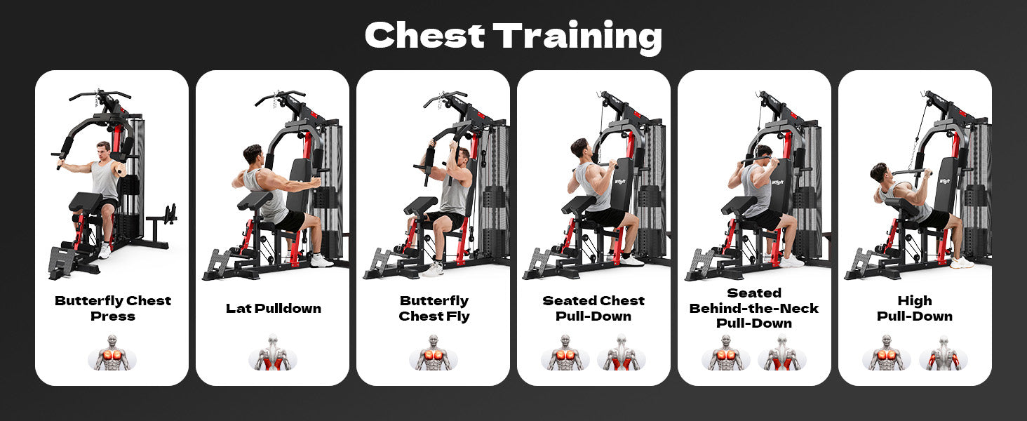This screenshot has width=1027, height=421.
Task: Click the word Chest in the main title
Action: pyautogui.click(x=424, y=35)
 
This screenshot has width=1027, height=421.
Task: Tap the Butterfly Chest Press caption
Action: pyautogui.click(x=113, y=308)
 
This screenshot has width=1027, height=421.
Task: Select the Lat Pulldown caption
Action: pyautogui.click(x=274, y=308)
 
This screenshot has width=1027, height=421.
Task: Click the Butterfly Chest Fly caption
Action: pyautogui.click(x=434, y=309)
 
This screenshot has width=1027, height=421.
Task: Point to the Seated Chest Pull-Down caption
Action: pyautogui.click(x=593, y=308)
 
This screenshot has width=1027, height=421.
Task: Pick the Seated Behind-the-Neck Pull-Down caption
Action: pyautogui.click(x=754, y=308)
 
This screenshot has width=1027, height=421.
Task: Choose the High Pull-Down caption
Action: pyautogui.click(x=915, y=308)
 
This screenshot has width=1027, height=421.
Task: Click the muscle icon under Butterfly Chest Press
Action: pyautogui.click(x=112, y=353)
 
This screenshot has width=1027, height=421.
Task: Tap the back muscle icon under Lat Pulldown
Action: pyautogui.click(x=273, y=353)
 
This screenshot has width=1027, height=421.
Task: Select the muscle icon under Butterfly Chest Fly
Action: pyautogui.click(x=434, y=353)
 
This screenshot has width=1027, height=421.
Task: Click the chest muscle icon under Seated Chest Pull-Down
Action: pyautogui.click(x=565, y=353)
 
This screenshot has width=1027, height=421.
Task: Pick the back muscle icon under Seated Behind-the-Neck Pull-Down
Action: pyautogui.click(x=782, y=353)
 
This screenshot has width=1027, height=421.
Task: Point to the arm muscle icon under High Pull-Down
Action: pyautogui.click(x=944, y=353)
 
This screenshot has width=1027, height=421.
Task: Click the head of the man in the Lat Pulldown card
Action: pyautogui.click(x=253, y=155)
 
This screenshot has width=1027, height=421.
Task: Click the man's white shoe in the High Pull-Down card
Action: pyautogui.click(x=962, y=262)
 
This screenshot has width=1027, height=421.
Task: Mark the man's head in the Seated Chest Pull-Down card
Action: pyautogui.click(x=579, y=148)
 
